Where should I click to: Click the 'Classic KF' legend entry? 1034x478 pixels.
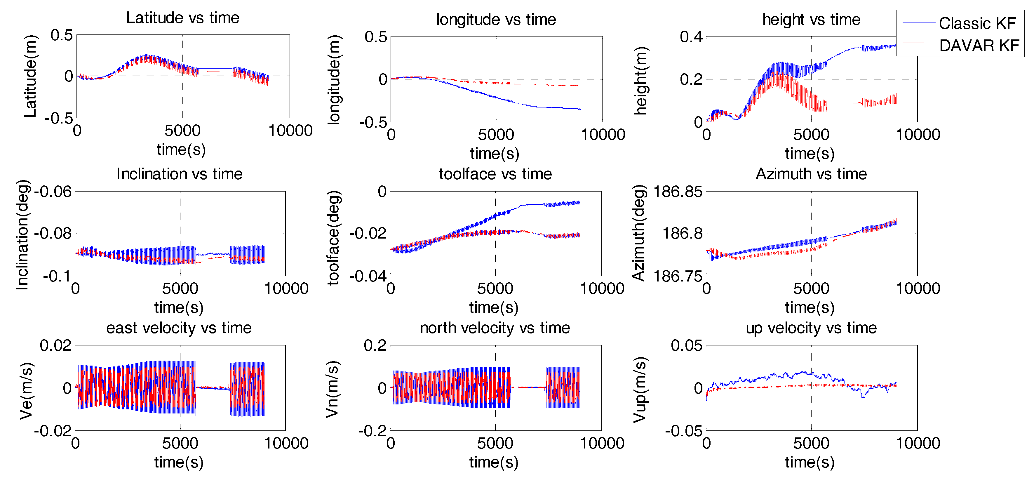pyautogui.click(x=977, y=23)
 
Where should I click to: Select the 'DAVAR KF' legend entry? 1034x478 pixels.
pyautogui.click(x=979, y=45)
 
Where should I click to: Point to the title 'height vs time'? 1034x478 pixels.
pyautogui.click(x=811, y=19)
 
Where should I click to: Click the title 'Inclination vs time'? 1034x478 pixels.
pyautogui.click(x=180, y=174)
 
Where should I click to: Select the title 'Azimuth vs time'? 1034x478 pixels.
pyautogui.click(x=811, y=174)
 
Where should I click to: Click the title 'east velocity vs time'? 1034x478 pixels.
pyautogui.click(x=179, y=328)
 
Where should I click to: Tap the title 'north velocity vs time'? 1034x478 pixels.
pyautogui.click(x=495, y=328)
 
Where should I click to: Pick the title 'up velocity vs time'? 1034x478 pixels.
pyautogui.click(x=811, y=328)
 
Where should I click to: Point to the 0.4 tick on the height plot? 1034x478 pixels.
pyautogui.click(x=691, y=37)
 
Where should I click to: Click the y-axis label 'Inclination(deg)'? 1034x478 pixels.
pyautogui.click(x=22, y=235)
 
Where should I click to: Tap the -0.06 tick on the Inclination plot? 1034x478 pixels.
pyautogui.click(x=53, y=192)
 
